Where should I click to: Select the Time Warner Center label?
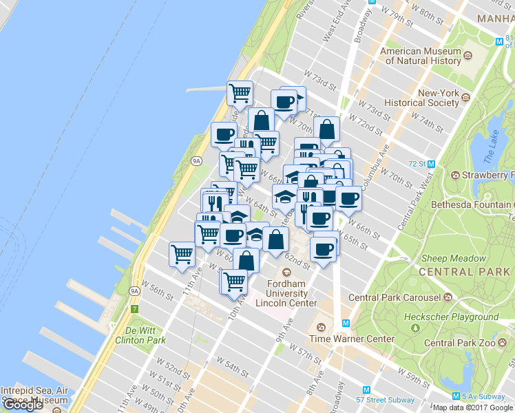pyautogui.click(x=352, y=339)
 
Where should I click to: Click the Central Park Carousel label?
pyautogui.click(x=394, y=297)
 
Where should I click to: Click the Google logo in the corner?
pyautogui.click(x=23, y=405)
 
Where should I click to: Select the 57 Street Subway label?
pyautogui.click(x=386, y=400)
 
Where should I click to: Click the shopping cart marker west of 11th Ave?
pyautogui.click(x=182, y=254)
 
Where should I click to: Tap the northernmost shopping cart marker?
pyautogui.click(x=240, y=92)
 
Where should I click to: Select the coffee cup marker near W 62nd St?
pyautogui.click(x=323, y=248)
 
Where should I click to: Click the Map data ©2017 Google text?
pyautogui.click(x=473, y=407)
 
